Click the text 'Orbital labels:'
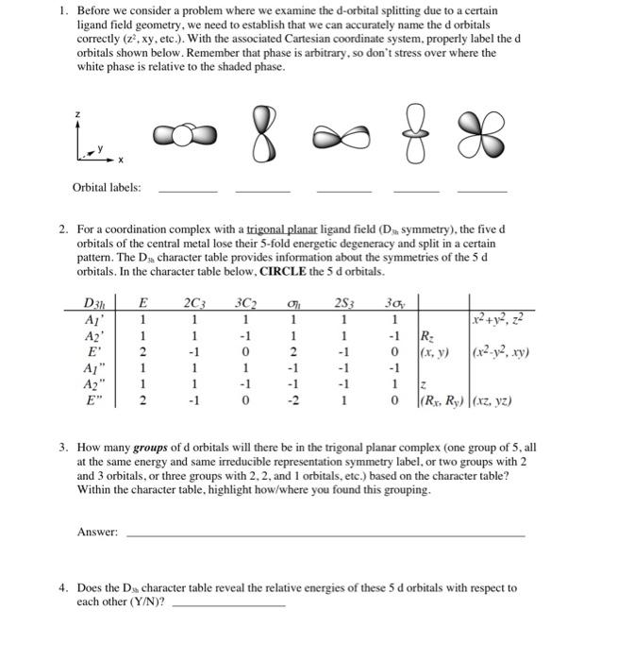107,187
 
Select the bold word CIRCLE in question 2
278,271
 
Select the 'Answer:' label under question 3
97,533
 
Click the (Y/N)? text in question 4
145,602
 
